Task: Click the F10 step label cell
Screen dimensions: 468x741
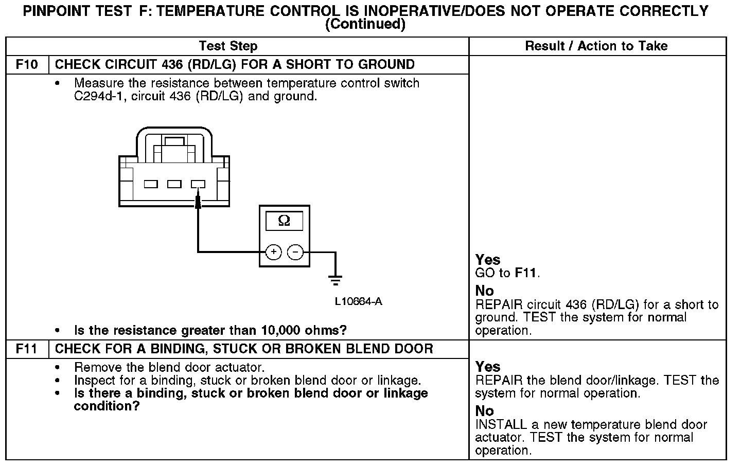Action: pos(27,65)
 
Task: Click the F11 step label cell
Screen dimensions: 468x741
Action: pos(27,349)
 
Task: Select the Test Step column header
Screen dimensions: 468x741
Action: pos(228,46)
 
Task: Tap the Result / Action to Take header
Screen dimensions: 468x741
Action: pos(596,46)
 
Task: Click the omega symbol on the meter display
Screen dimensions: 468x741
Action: pos(284,221)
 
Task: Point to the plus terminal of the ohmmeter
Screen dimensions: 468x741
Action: pos(274,252)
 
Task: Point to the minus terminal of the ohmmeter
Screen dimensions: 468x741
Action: pos(295,252)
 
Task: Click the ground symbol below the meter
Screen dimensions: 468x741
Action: pos(336,281)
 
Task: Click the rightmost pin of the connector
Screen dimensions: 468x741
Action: pos(198,184)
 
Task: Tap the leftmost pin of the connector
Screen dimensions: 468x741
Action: pos(151,184)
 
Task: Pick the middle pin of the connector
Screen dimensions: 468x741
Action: pos(174,184)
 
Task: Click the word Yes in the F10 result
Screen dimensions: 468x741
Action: pos(488,260)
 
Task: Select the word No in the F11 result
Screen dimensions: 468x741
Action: pos(485,411)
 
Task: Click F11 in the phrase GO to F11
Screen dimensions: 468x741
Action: pos(526,273)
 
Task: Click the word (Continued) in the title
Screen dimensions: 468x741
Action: pos(365,24)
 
